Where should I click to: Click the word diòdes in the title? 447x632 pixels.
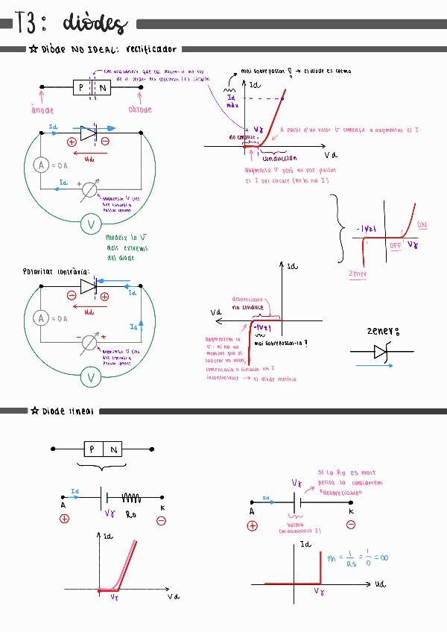tap(95, 24)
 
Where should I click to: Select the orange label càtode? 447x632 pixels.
tap(140, 110)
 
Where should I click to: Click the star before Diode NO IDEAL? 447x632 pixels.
tap(34, 50)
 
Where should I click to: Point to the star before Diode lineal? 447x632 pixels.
tap(34, 411)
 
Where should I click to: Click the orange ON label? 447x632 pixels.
tap(422, 225)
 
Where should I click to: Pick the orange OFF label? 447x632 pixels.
tap(396, 244)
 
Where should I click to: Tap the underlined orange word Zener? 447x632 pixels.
tap(358, 274)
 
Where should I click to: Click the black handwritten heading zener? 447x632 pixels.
tap(384, 331)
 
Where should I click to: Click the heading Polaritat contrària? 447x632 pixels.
tap(56, 272)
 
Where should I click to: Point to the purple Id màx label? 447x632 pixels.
tap(231, 100)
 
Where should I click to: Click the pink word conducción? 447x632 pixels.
tap(279, 158)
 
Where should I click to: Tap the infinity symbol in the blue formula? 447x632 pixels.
tap(386, 557)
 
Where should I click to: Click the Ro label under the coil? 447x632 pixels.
tap(131, 513)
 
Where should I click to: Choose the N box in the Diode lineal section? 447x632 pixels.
tap(113, 449)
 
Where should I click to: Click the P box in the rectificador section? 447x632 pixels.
tap(81, 88)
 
